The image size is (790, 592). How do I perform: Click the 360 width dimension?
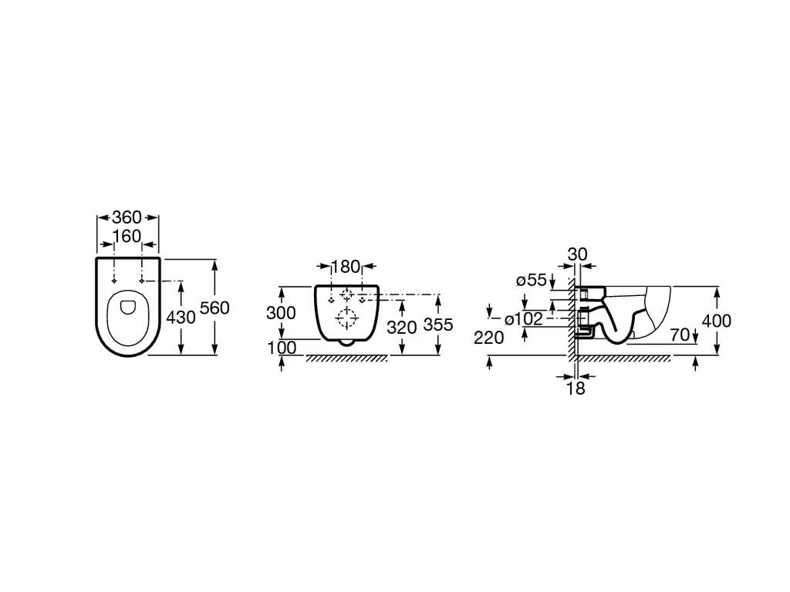[x=127, y=217]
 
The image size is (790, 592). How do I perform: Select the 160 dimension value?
[x=127, y=236]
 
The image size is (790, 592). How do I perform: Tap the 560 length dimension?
[x=214, y=308]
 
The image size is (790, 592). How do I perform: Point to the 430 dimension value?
[x=181, y=317]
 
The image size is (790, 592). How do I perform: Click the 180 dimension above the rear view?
[x=346, y=266]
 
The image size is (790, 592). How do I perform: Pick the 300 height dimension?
[x=281, y=313]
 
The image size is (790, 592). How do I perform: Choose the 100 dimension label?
[x=281, y=347]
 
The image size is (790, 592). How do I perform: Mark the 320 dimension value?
[x=402, y=327]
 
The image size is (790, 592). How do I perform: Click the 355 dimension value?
[x=438, y=325]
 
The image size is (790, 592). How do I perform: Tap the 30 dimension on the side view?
[x=577, y=254]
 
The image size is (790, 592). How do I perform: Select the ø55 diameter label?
[x=532, y=280]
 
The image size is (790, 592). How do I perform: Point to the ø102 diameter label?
[x=524, y=318]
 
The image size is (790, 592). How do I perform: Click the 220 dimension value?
[x=488, y=338]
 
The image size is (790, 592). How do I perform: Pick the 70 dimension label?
[x=680, y=335]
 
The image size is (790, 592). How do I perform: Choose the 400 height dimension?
[x=717, y=321]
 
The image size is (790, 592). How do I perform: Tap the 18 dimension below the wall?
[x=576, y=388]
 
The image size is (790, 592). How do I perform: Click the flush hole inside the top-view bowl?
[x=129, y=306]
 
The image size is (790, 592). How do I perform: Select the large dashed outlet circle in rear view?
[x=346, y=318]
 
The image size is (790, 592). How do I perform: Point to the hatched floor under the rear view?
[x=347, y=358]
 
